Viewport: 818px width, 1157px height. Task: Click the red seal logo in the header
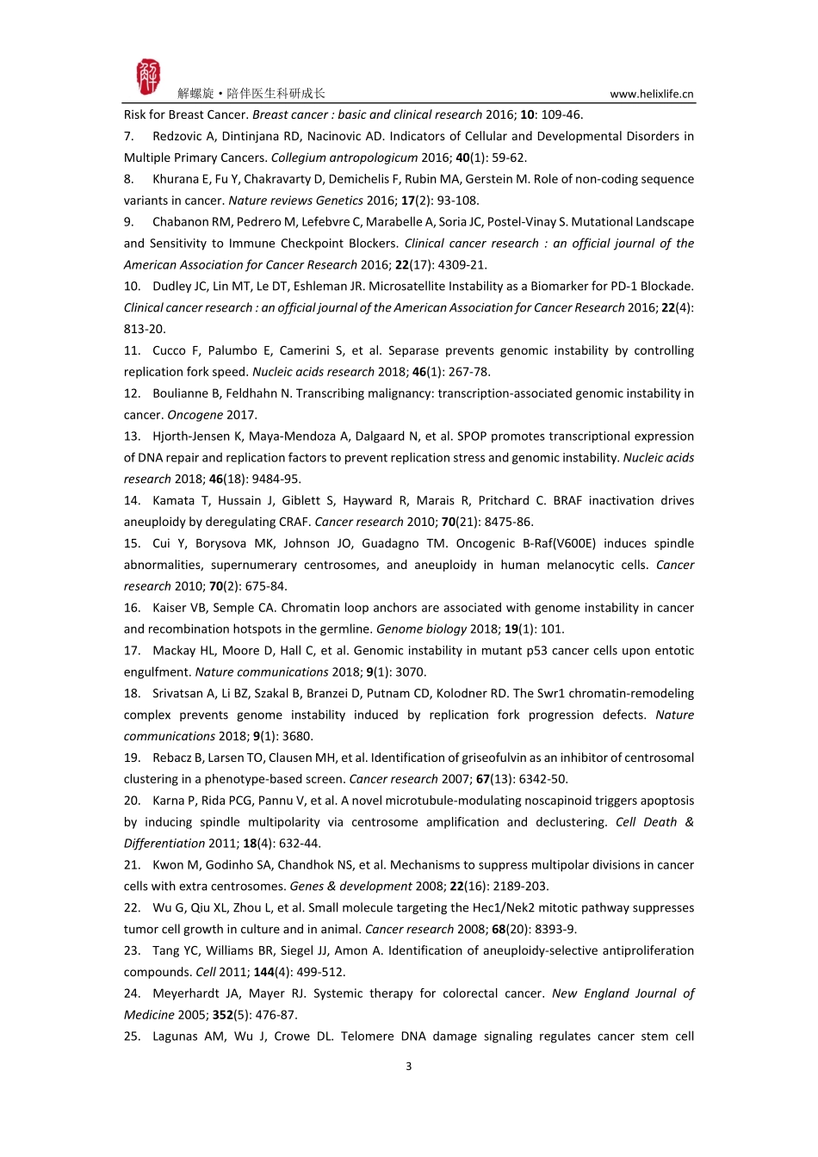tap(148, 77)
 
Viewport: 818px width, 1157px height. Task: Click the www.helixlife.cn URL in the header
tap(651, 94)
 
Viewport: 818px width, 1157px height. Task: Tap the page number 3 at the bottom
tap(408, 1066)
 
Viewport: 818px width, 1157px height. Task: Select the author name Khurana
tap(177, 179)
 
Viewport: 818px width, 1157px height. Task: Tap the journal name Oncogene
tap(195, 415)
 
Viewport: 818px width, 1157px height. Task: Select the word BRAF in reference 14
tap(568, 500)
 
